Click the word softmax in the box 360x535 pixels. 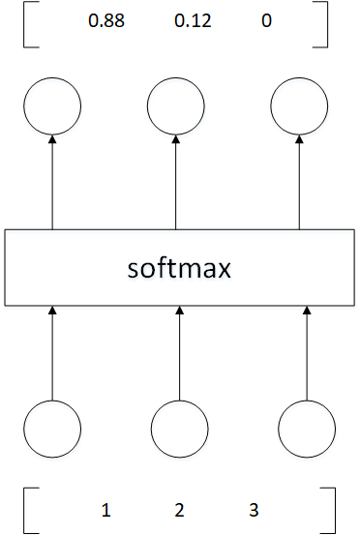click(x=179, y=266)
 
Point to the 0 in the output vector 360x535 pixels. click(x=266, y=21)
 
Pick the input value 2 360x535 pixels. click(x=179, y=509)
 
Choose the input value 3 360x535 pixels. click(x=255, y=509)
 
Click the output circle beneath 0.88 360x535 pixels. click(x=52, y=106)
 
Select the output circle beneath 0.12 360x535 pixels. click(x=175, y=106)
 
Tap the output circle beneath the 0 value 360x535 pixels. click(x=299, y=106)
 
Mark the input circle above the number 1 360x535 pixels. click(x=52, y=427)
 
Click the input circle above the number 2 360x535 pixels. click(x=180, y=427)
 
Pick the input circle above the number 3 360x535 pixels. click(x=306, y=427)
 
